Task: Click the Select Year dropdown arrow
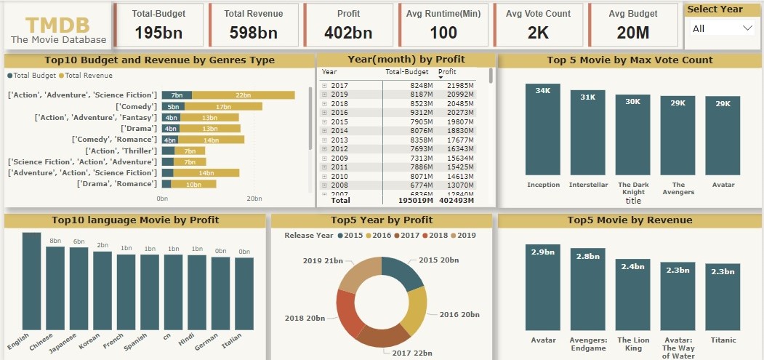tap(747, 28)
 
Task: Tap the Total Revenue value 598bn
tap(253, 33)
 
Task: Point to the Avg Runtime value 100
tap(443, 33)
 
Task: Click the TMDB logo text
tap(58, 24)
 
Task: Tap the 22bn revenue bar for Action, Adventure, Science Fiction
tap(243, 95)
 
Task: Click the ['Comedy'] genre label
tap(136, 106)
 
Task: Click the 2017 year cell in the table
tap(339, 85)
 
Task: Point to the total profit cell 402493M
tap(457, 201)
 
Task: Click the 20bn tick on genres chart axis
tap(254, 199)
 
